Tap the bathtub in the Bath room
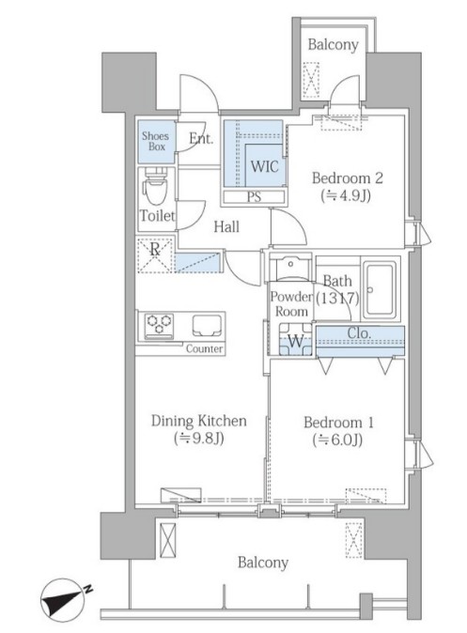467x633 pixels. [x=379, y=290]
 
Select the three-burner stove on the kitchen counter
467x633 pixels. [x=159, y=325]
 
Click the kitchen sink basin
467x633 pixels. [x=207, y=325]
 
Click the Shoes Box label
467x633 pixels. [x=156, y=141]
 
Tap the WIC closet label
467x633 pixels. [x=265, y=166]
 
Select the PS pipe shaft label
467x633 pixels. [x=254, y=197]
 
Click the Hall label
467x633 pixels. [x=226, y=227]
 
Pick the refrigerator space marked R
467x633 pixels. [x=155, y=255]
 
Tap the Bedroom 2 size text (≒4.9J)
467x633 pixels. [x=346, y=196]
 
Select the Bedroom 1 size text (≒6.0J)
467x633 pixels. [x=337, y=440]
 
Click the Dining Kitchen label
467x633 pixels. [x=199, y=421]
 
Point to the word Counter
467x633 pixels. [x=205, y=348]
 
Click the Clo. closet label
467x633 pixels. [x=359, y=333]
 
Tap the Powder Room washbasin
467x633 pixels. [x=290, y=266]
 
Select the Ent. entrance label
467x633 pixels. [x=201, y=139]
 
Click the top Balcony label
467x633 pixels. [x=333, y=44]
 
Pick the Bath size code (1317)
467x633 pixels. [x=337, y=299]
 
